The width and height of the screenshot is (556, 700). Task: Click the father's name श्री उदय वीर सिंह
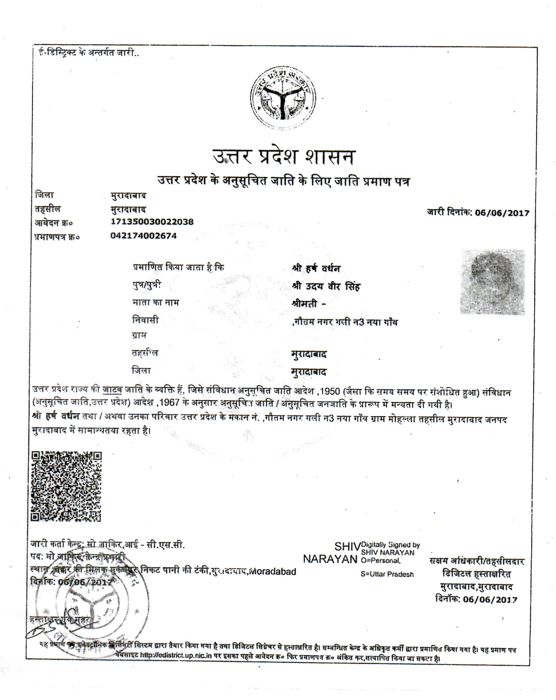[326, 286]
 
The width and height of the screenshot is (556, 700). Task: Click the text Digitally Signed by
[390, 545]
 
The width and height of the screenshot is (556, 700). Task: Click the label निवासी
[145, 320]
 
